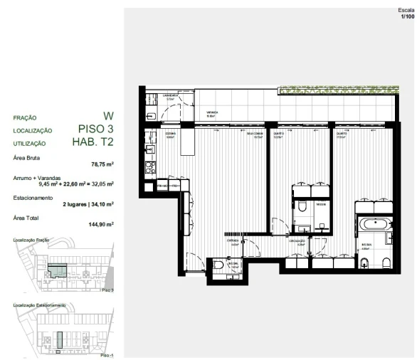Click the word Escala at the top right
(x=406, y=11)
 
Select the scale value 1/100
(x=406, y=17)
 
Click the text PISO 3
(x=96, y=129)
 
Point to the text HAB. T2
(x=93, y=142)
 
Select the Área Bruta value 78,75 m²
(x=102, y=164)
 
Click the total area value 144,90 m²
(x=101, y=224)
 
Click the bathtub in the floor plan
(x=373, y=223)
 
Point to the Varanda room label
(x=212, y=113)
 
